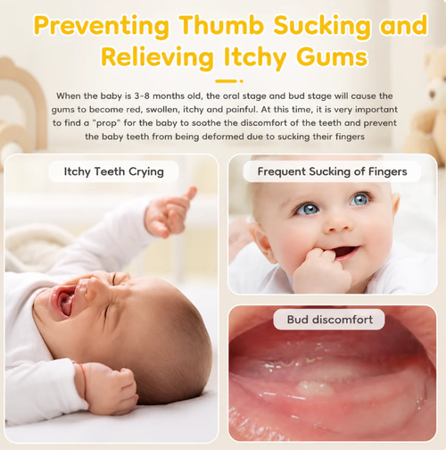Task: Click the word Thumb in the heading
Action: (x=221, y=25)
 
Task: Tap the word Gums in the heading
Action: (x=332, y=57)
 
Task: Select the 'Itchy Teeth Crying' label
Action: (x=113, y=171)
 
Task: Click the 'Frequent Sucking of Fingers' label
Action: (x=332, y=171)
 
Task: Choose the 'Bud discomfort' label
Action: (x=329, y=320)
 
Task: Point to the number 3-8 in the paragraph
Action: (x=142, y=96)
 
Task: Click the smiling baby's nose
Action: (x=337, y=226)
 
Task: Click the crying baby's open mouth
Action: (x=63, y=301)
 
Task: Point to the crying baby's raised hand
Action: (x=169, y=212)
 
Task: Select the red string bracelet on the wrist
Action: (x=83, y=379)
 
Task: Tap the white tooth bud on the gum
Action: (x=315, y=387)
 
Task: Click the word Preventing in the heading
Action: (x=101, y=26)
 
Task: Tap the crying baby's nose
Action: (x=89, y=288)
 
